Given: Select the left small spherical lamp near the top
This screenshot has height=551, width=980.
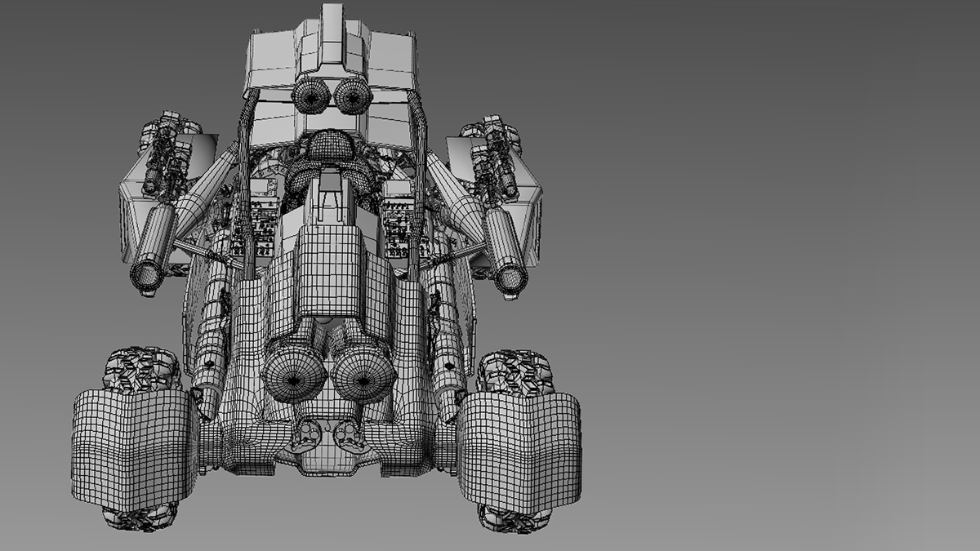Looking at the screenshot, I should pos(310,97).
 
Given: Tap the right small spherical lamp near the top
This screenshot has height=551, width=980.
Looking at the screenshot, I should pos(352,97).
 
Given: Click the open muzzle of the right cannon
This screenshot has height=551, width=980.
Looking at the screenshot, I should pos(511,279).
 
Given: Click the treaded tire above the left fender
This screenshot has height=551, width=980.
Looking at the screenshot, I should pos(141,370).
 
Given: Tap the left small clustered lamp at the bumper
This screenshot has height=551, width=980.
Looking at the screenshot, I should pos(305,432).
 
